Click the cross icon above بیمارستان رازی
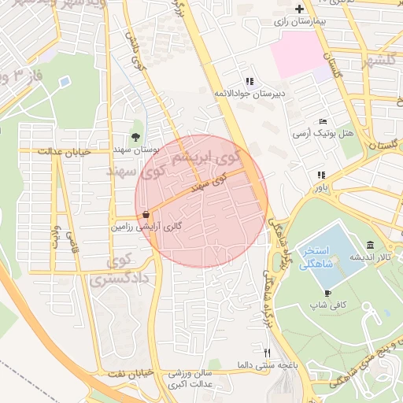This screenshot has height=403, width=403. [x=298, y=9]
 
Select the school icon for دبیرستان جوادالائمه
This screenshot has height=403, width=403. [x=250, y=81]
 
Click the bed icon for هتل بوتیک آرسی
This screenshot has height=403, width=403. [x=324, y=121]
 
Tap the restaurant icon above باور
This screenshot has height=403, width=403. [x=320, y=175]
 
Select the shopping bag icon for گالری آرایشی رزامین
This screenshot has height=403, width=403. [x=147, y=214]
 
